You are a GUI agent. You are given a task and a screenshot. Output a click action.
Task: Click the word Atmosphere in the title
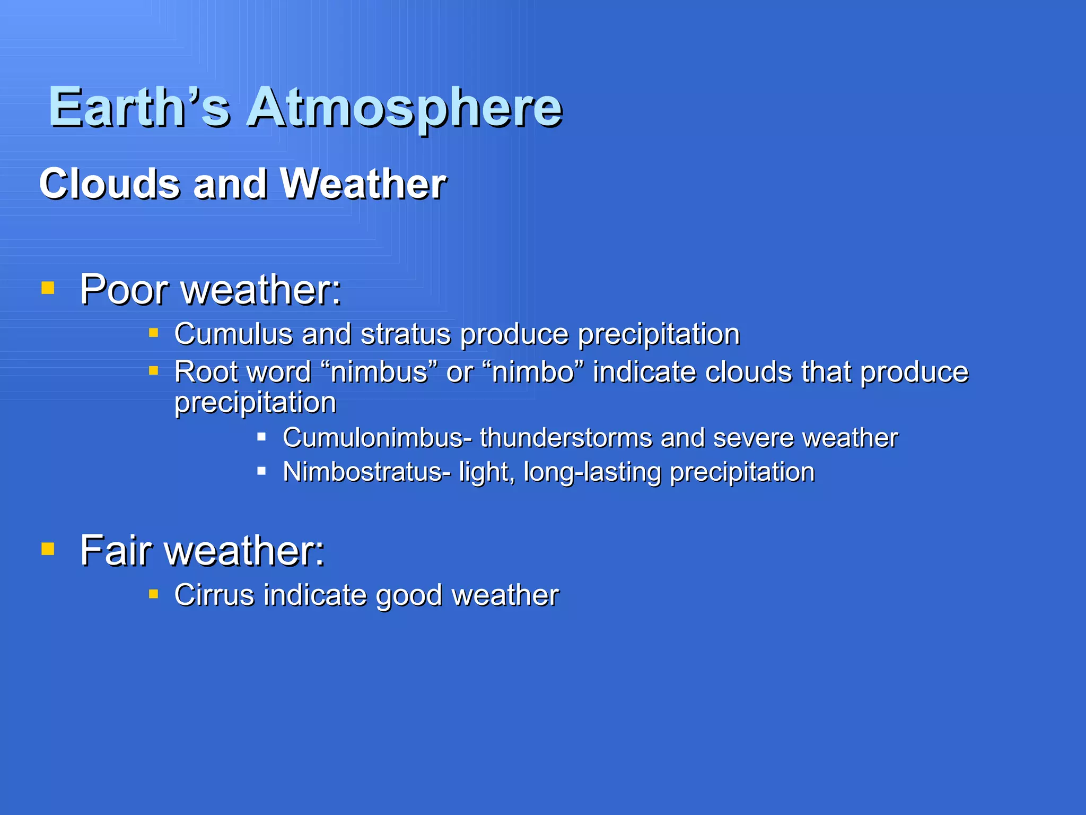click(x=404, y=108)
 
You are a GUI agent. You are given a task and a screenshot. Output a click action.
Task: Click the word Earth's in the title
click(x=139, y=108)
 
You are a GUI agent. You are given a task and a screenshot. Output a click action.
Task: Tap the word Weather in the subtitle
click(x=363, y=184)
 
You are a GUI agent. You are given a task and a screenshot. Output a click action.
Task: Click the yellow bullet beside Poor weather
click(x=48, y=288)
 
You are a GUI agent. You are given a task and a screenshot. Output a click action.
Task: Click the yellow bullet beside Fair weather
click(x=48, y=548)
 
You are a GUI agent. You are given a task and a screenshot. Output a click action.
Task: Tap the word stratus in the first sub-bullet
click(x=406, y=334)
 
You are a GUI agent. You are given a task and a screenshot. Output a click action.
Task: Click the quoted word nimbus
click(x=379, y=372)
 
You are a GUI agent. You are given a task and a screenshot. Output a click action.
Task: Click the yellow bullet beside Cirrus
click(x=154, y=594)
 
